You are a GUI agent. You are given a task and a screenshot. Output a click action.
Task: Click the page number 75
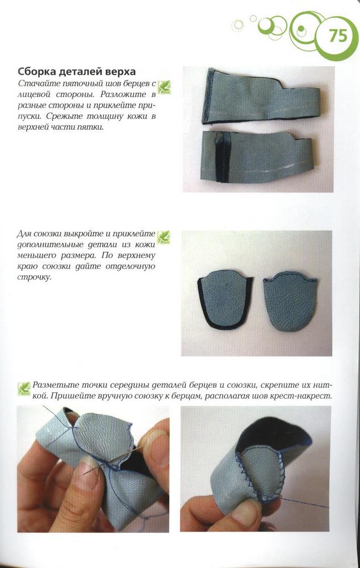point(338,36)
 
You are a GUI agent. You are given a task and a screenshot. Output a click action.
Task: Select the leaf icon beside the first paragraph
point(164,87)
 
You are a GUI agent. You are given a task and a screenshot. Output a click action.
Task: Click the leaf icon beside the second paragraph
point(164,237)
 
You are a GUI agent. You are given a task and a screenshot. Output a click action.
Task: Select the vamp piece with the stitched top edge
point(290,301)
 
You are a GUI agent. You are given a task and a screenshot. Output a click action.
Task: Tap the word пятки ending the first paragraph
point(93,128)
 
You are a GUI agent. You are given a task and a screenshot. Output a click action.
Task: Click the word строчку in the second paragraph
point(34,277)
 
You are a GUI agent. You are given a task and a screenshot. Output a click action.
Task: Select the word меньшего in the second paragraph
point(36,255)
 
